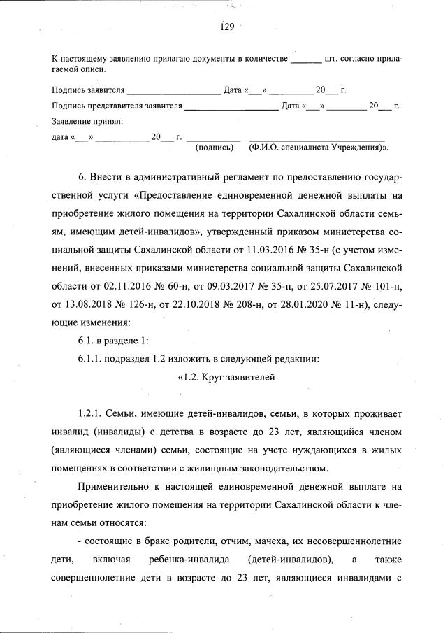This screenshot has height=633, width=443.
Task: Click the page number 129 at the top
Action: [226, 27]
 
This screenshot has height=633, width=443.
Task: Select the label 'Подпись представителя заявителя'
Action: [117, 106]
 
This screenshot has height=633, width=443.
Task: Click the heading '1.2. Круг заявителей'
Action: [226, 378]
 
